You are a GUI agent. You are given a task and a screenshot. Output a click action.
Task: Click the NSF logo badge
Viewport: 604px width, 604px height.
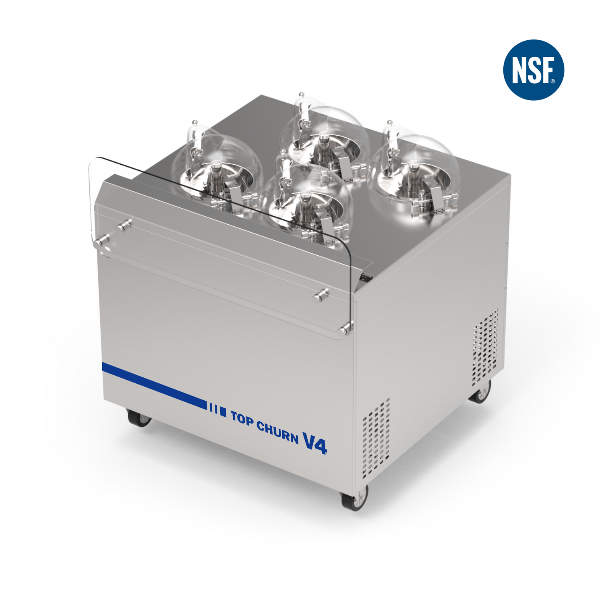[534, 70]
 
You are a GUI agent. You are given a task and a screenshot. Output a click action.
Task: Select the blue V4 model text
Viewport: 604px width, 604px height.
[315, 443]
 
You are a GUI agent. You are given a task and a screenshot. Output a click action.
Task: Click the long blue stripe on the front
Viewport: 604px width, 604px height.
[154, 385]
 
